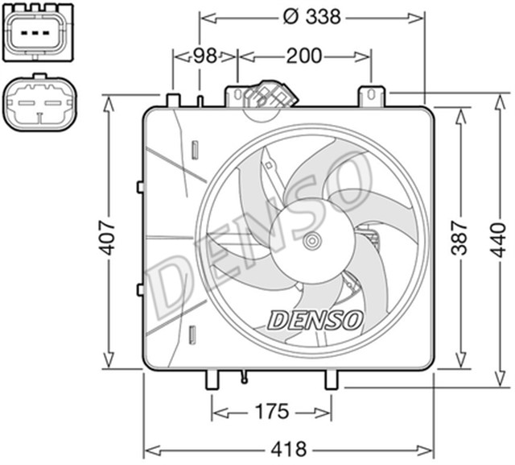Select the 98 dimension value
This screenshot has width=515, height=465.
[x=205, y=56]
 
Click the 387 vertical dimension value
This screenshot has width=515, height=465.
[x=459, y=235]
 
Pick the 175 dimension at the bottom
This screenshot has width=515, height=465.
[x=272, y=412]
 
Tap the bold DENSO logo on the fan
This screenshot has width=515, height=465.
[x=315, y=320]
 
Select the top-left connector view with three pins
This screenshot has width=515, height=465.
[x=36, y=33]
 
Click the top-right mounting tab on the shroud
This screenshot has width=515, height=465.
[x=372, y=95]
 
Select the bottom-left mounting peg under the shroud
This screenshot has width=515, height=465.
[x=213, y=379]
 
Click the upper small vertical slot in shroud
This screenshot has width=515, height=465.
[x=195, y=150]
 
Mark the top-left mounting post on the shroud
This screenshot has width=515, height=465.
[x=172, y=99]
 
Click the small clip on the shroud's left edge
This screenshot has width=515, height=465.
[x=140, y=186]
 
